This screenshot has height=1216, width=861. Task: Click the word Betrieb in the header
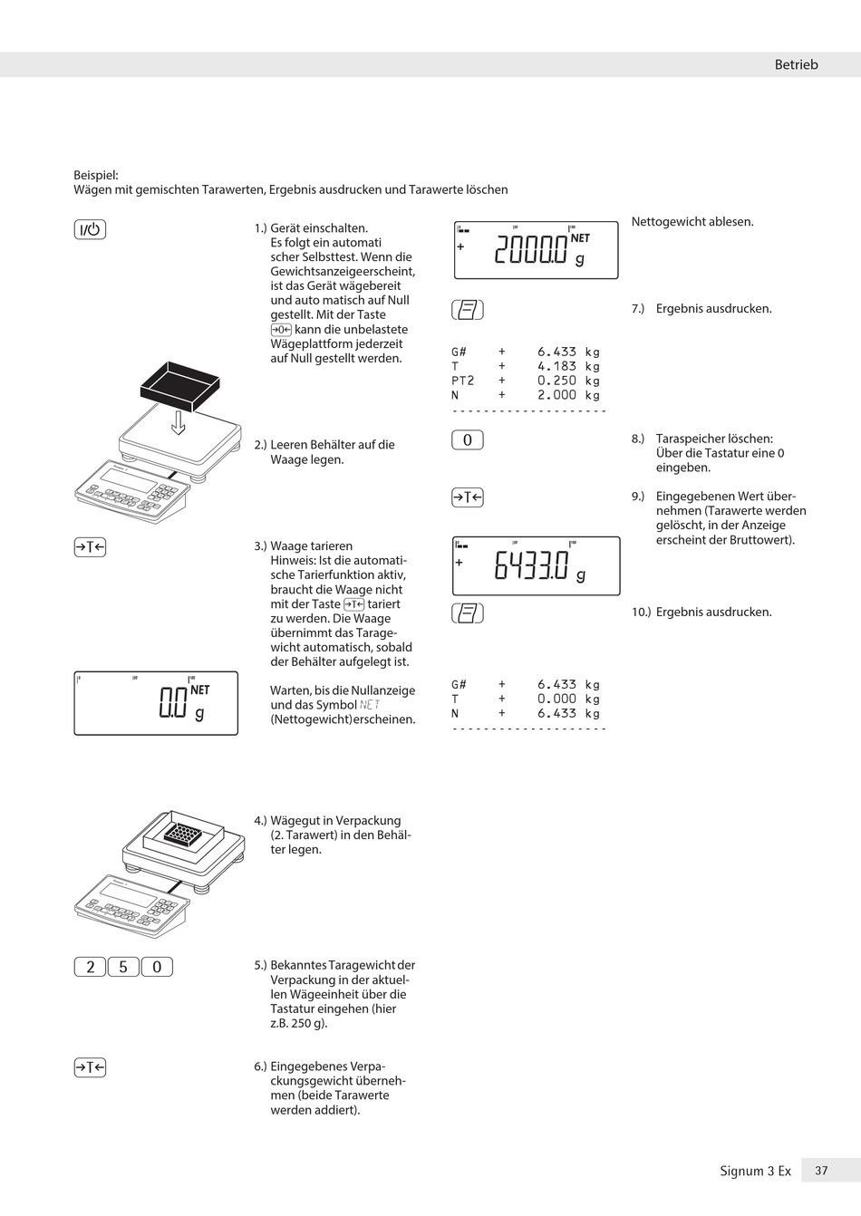[796, 64]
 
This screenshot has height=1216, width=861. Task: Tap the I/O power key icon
[90, 229]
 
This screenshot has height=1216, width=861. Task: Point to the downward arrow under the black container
[179, 422]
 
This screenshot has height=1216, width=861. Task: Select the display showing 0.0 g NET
[156, 703]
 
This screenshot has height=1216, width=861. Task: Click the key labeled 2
[90, 967]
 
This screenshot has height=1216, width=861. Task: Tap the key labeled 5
[123, 967]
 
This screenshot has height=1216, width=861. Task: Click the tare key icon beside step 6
[90, 1067]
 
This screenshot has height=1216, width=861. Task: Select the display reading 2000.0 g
[536, 249]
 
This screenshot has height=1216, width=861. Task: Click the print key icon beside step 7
[468, 310]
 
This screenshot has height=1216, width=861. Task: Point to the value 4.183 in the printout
[556, 366]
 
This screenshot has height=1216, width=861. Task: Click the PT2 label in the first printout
[462, 381]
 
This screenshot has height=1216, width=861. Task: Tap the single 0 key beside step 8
[468, 440]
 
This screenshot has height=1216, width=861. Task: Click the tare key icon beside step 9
[468, 497]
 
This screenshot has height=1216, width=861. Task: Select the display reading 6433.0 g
[536, 566]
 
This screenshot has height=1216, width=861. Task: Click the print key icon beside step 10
[468, 613]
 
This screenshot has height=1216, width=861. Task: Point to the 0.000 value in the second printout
[556, 699]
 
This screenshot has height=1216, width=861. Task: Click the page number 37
[821, 1171]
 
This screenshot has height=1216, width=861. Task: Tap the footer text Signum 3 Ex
[755, 1171]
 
